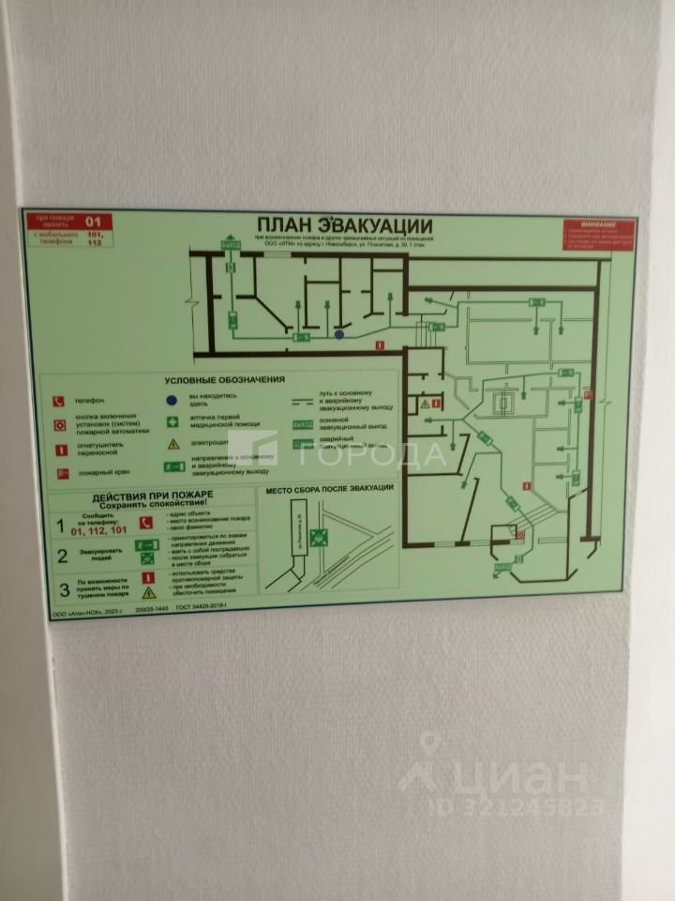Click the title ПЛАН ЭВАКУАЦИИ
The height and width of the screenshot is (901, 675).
tap(344, 225)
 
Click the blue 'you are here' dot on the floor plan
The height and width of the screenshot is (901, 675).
tap(339, 333)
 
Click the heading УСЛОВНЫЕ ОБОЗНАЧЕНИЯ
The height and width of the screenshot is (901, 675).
tap(224, 379)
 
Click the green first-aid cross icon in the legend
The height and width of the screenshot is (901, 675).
tap(172, 421)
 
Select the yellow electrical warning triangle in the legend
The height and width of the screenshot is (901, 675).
tap(172, 443)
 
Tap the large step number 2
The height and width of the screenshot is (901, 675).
tap(63, 555)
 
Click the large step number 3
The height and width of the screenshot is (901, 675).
tap(63, 588)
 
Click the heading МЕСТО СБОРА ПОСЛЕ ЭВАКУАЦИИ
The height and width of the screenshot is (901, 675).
tap(329, 489)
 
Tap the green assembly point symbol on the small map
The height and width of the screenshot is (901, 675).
tap(322, 538)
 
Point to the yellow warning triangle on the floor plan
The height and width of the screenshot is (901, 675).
tap(426, 404)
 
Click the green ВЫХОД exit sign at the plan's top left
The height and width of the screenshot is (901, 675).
tap(231, 245)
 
